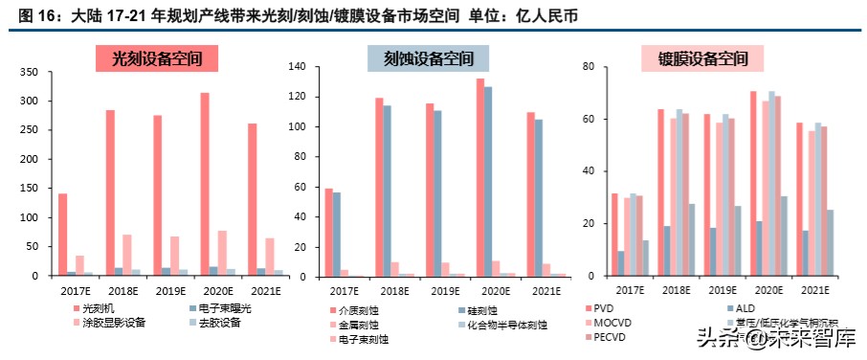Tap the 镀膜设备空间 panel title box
pyautogui.click(x=702, y=58)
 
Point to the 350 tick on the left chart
pyautogui.click(x=30, y=73)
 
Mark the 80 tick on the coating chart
pyautogui.click(x=589, y=67)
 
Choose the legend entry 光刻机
pyautogui.click(x=99, y=307)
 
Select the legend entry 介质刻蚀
pyautogui.click(x=358, y=310)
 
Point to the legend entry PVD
pyautogui.click(x=605, y=308)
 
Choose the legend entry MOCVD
pyautogui.click(x=612, y=323)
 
